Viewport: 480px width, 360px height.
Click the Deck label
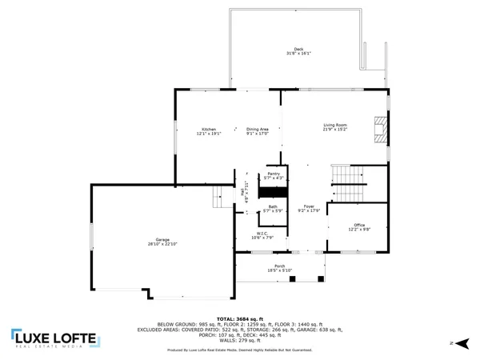298,51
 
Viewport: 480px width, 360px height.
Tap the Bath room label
274,208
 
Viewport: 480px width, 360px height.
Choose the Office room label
359,227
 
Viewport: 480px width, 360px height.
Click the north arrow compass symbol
452,343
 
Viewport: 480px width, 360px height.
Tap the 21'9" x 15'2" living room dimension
335,130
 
